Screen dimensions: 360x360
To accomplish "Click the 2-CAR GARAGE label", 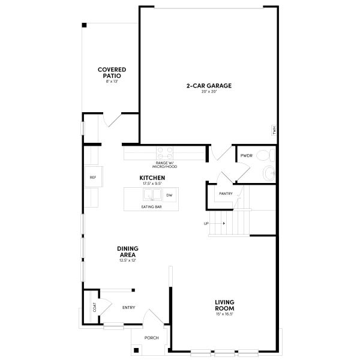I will (208, 86).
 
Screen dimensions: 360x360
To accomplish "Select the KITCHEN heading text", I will (152, 178).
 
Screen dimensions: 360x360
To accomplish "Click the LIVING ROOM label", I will (224, 305).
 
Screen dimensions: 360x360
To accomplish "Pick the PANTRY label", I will (226, 194).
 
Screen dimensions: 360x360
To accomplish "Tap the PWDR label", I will (247, 155).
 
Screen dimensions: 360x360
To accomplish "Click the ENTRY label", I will (128, 308).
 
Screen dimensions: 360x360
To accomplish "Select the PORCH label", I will (152, 338).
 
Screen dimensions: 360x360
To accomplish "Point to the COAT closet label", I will (94, 307).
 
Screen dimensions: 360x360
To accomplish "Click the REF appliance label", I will (93, 178).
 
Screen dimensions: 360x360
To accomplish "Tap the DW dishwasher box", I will (169, 196).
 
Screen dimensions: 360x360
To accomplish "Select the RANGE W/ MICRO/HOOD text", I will (164, 165).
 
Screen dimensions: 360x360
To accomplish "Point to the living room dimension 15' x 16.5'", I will (224, 314).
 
